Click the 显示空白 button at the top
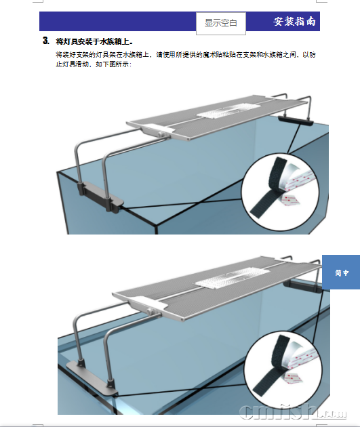[220, 23]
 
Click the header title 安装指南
[294, 22]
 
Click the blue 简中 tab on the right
[341, 272]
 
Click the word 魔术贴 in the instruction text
[219, 54]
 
